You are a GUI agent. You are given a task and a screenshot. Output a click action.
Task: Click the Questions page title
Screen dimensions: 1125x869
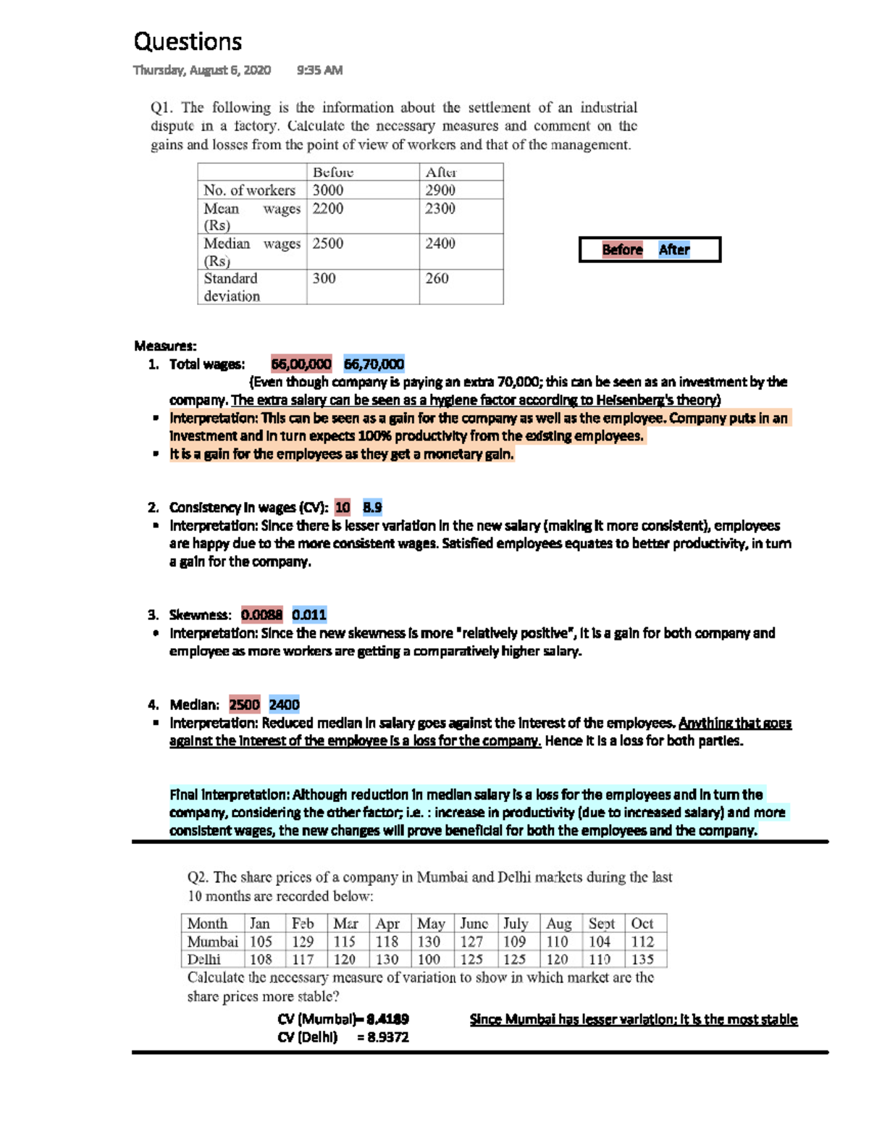pos(188,42)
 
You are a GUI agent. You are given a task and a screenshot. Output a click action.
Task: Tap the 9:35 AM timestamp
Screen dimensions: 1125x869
pos(319,70)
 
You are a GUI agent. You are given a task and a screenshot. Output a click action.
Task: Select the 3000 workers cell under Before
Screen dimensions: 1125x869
pos(328,190)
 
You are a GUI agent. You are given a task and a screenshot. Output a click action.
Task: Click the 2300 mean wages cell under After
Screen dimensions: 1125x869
pos(440,209)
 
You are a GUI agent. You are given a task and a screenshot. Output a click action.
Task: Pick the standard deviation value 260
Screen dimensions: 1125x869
pos(437,278)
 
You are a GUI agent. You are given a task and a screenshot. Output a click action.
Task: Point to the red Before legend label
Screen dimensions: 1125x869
pos(622,249)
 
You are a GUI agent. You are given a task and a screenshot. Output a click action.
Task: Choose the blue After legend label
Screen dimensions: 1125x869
pos(674,249)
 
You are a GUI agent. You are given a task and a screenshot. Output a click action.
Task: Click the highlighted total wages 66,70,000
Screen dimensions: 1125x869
pos(374,364)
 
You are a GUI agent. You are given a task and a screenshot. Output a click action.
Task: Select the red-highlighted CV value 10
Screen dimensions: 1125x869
pos(343,507)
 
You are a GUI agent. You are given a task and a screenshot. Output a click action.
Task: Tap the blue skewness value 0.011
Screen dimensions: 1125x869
pos(309,615)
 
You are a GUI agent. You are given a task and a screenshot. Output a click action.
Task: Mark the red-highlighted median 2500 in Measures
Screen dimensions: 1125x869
pos(244,704)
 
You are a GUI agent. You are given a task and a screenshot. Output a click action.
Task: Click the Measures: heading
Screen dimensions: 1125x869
pos(165,346)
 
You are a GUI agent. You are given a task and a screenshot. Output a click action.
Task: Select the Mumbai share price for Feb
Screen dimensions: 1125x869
pos(303,942)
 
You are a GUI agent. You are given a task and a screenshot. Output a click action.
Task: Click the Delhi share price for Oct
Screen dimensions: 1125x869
pos(642,959)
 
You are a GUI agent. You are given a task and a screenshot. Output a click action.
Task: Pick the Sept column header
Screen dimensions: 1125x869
pos(602,924)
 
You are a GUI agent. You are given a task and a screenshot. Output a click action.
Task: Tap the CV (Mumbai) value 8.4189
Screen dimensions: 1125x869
pos(387,1019)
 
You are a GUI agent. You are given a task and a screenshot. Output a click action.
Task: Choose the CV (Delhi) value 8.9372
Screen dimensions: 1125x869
pos(387,1037)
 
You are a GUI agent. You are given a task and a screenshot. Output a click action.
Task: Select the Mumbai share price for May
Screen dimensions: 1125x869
pos(429,942)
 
